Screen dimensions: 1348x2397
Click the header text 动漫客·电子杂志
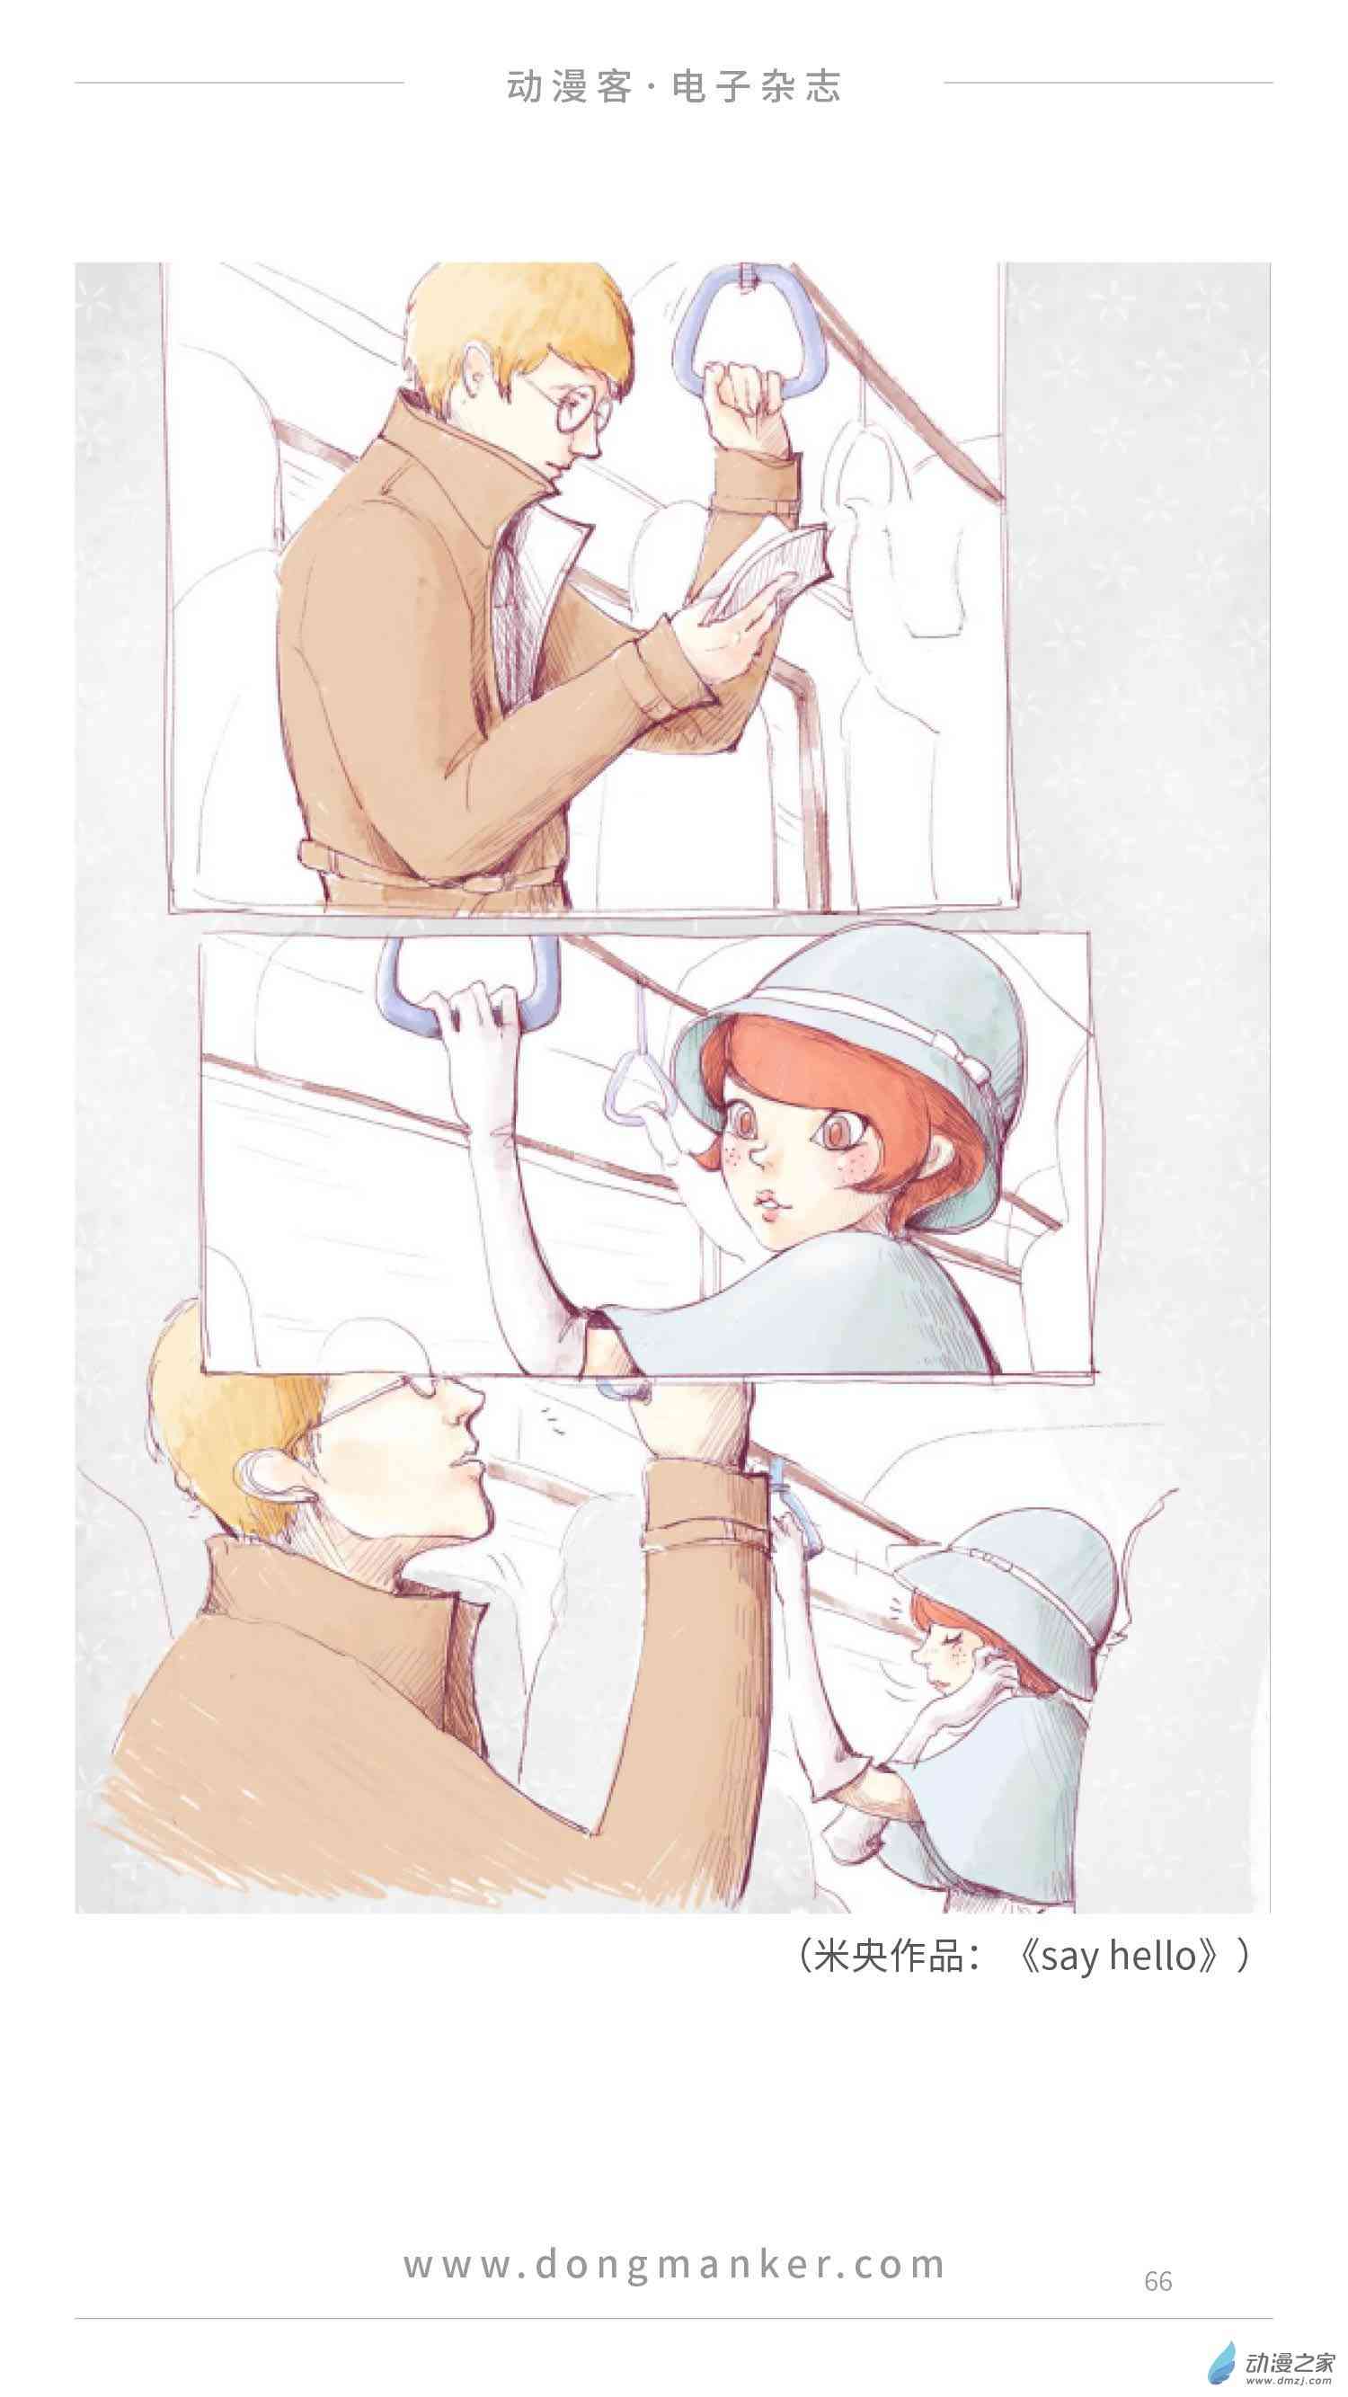click(x=673, y=86)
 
